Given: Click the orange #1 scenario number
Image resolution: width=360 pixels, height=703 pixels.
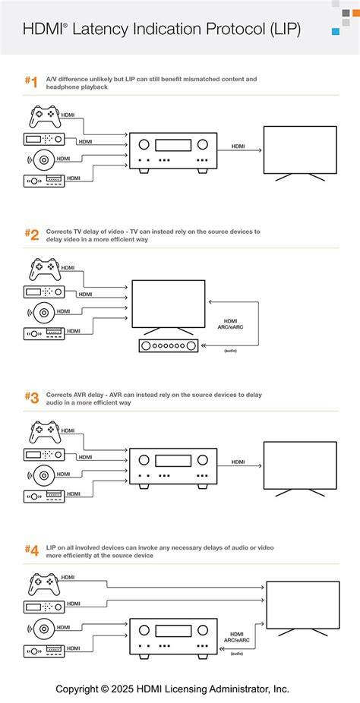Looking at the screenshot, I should pyautogui.click(x=31, y=82).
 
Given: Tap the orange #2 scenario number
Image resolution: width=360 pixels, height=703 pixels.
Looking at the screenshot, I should pyautogui.click(x=31, y=235).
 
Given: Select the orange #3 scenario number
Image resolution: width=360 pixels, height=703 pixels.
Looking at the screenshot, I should pyautogui.click(x=31, y=398).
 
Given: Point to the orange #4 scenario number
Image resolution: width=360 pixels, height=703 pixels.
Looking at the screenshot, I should pyautogui.click(x=31, y=550).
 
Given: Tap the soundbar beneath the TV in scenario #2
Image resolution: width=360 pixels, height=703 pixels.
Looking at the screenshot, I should pyautogui.click(x=168, y=345).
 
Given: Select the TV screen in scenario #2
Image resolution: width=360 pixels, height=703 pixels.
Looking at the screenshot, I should pyautogui.click(x=168, y=304).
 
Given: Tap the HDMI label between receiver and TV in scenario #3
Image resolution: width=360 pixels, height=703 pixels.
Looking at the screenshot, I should pyautogui.click(x=238, y=462).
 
